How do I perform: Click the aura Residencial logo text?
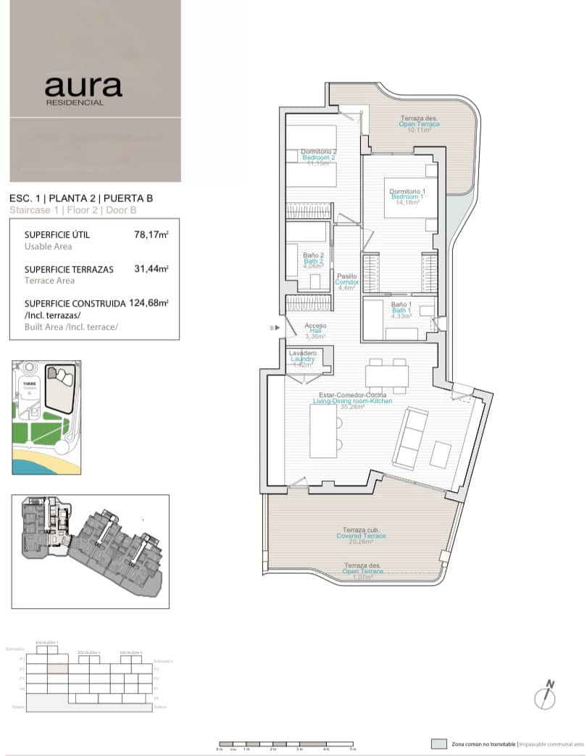point(83,89)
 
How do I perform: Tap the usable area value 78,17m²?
point(151,234)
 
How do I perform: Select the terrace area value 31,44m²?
point(151,269)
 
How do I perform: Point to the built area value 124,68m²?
point(149,303)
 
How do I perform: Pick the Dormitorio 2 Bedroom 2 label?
point(318,157)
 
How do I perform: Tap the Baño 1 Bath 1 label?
point(401,310)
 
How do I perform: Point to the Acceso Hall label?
point(315,331)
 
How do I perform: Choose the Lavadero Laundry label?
point(302,359)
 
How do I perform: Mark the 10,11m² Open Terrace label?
point(419,125)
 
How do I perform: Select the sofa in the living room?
point(409,437)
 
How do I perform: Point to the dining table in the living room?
point(387,376)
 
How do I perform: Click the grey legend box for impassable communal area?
point(438,744)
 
